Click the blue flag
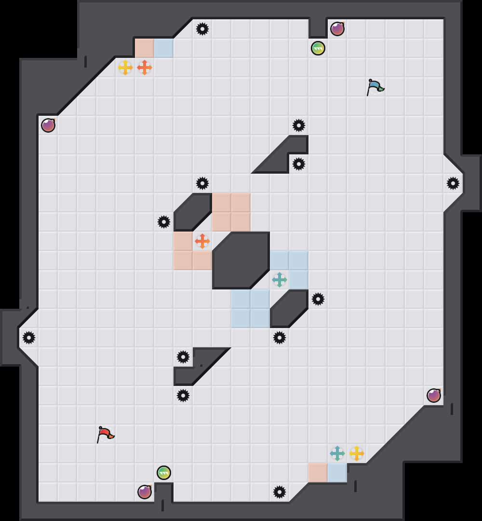point(375,87)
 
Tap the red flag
point(105,434)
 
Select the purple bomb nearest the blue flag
point(337,29)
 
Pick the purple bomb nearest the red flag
point(145,492)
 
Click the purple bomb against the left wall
point(48,125)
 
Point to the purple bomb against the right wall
point(434,396)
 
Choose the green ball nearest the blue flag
point(318,48)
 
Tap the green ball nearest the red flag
point(164,473)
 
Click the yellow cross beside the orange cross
point(125,68)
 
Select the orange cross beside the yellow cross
point(145,68)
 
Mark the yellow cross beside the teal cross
point(357,453)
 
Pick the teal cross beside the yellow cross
point(337,453)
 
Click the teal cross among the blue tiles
point(280,280)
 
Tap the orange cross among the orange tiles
point(202,241)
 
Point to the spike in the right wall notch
point(453,183)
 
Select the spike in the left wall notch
point(29,338)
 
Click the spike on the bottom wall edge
point(280,492)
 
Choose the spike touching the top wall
point(202,29)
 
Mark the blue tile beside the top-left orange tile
point(164,48)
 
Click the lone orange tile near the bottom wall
point(318,473)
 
